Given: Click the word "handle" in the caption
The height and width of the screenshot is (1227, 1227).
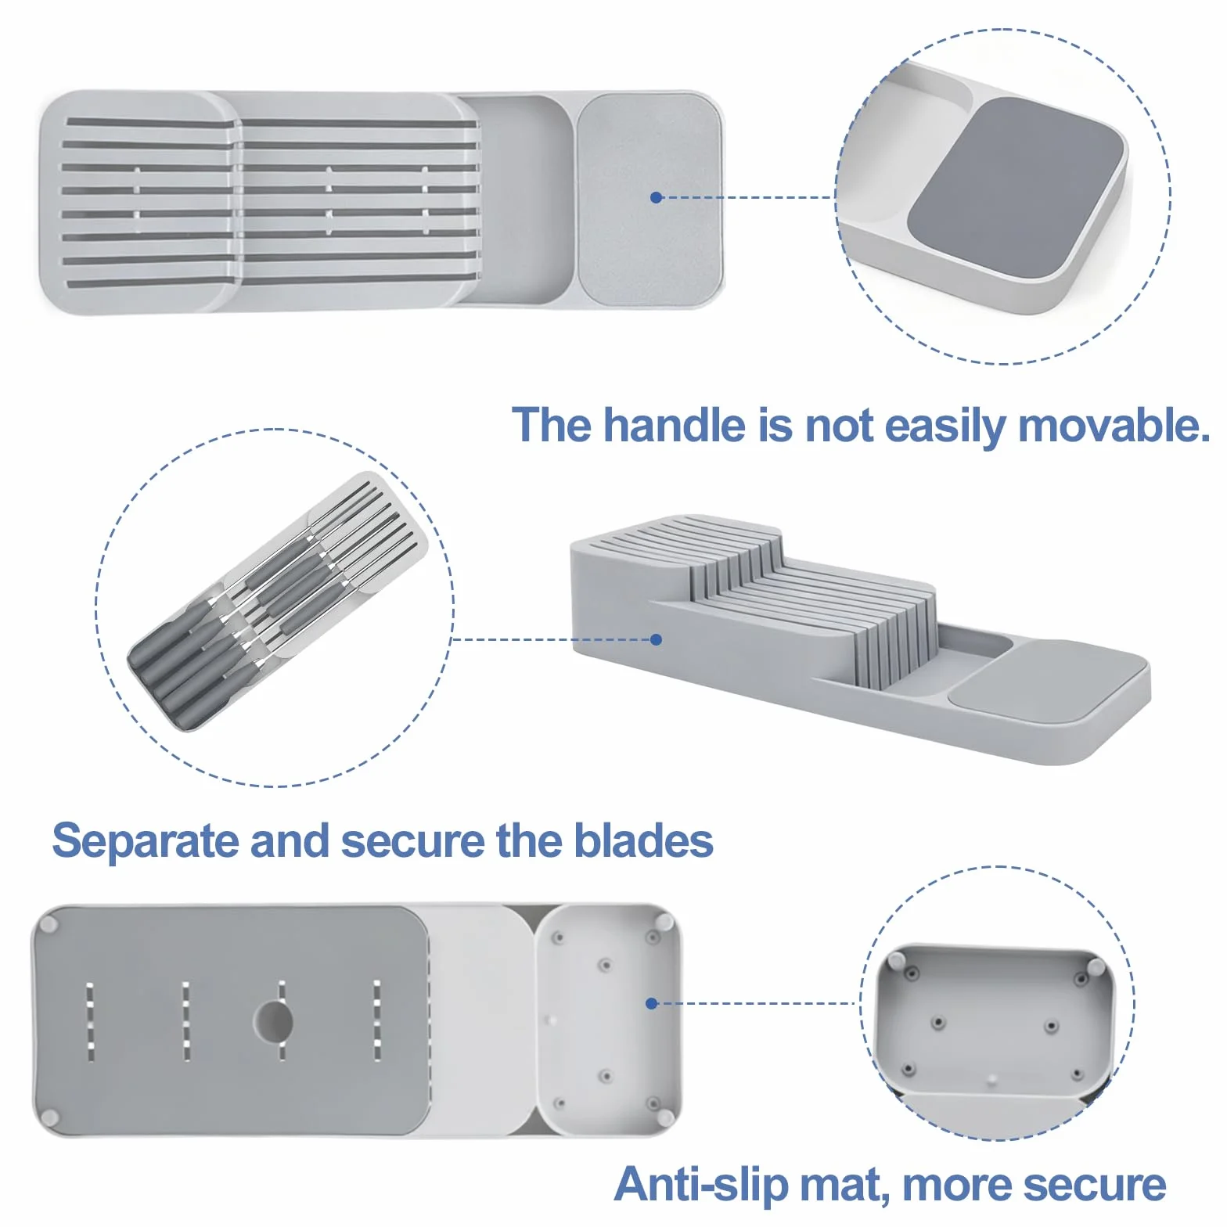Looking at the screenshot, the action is (x=675, y=426).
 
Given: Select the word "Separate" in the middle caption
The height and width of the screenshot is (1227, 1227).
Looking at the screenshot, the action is (x=146, y=841).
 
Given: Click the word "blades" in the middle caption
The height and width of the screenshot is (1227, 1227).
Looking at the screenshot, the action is (x=643, y=841).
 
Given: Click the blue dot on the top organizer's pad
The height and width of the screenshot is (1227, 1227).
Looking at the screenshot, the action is (x=657, y=197).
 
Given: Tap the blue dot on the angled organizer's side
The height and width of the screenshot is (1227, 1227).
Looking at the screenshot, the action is (x=657, y=639).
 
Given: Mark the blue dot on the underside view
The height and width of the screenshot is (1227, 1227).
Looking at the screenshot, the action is (x=651, y=1003).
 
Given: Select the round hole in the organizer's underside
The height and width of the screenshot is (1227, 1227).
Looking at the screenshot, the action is (x=273, y=1020).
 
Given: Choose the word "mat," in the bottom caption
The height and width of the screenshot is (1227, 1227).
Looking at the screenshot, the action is (x=845, y=1186).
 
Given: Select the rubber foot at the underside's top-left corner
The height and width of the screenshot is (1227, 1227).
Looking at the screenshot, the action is (x=49, y=924).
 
